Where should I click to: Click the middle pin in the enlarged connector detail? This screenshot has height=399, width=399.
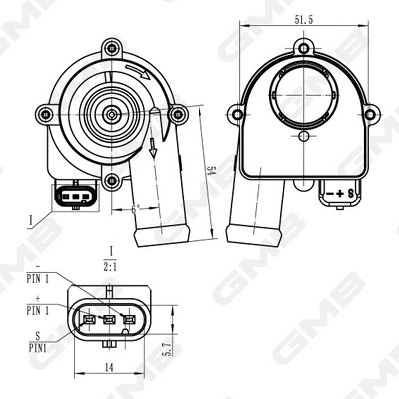[x=107, y=320]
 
